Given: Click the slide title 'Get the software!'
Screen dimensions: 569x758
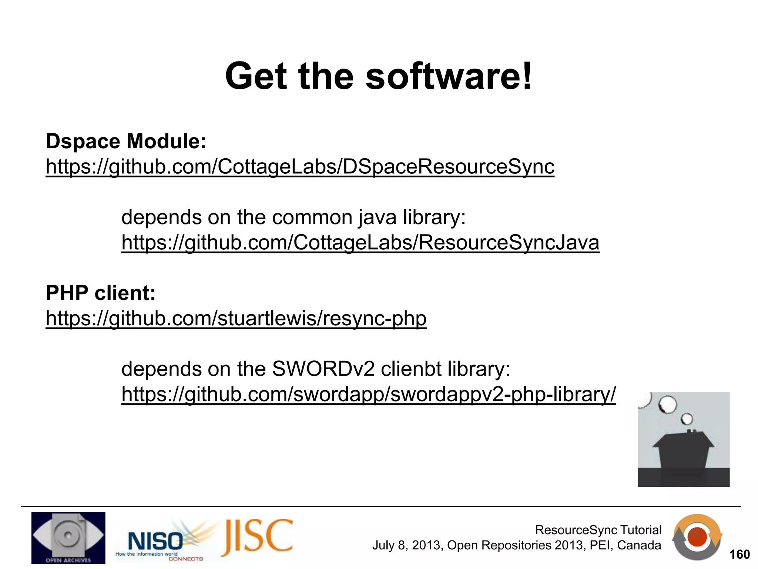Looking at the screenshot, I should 378,76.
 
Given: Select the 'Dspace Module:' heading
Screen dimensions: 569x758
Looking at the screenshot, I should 126,141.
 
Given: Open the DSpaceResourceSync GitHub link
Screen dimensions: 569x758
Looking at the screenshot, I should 300,166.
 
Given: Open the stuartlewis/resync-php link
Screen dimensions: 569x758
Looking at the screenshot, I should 236,318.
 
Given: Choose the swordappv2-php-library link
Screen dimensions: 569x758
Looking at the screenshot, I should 368,394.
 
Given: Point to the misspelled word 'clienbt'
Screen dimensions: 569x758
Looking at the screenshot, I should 411,369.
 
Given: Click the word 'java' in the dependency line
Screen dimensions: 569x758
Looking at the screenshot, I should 377,217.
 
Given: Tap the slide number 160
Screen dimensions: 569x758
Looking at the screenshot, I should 739,554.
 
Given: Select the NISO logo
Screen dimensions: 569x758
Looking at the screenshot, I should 155,541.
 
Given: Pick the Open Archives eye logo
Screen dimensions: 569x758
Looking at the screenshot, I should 68,538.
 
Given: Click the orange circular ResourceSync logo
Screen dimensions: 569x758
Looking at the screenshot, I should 697,538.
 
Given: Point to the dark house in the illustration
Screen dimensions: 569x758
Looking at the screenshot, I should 683,452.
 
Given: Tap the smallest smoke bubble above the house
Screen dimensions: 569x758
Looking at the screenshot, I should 687,419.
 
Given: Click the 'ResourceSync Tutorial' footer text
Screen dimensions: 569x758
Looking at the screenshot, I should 598,530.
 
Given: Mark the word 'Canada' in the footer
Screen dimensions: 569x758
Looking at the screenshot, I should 639,545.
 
